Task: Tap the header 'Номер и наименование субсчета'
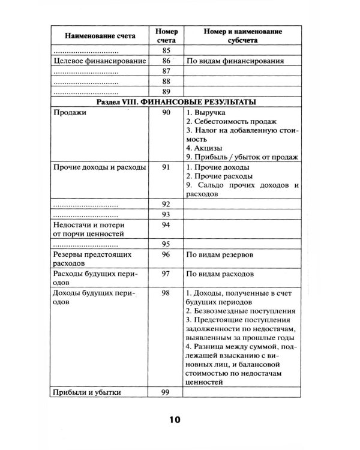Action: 242,35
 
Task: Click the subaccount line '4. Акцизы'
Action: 205,147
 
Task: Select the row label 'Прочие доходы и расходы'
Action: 100,167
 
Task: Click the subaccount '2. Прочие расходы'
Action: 218,176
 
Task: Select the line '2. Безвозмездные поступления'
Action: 240,311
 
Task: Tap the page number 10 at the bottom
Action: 175,419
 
